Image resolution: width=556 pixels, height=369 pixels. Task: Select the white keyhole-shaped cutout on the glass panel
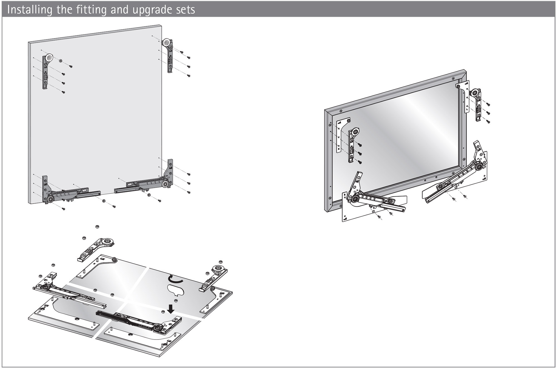176,290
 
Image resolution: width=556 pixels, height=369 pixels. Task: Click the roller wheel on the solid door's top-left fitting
49,58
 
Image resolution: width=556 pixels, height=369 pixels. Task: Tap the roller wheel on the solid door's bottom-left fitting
51,199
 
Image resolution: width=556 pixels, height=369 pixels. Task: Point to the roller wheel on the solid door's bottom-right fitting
165,184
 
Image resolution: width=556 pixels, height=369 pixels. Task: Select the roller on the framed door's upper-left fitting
355,132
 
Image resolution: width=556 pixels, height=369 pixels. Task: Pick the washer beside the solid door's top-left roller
61,61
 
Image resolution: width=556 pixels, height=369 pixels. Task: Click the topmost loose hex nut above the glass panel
97,227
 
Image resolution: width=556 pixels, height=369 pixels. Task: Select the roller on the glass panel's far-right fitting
216,269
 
